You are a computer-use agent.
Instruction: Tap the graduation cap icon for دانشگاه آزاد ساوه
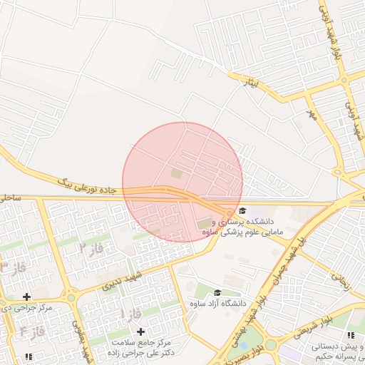[217, 292]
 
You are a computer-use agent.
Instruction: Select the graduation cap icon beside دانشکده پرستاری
[243, 210]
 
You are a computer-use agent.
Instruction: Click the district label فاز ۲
[93, 249]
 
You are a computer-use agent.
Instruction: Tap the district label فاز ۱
[132, 314]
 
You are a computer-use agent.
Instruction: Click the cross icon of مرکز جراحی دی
[26, 297]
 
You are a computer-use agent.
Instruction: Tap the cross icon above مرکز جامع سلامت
[140, 331]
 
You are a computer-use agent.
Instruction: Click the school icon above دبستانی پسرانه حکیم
[349, 335]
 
